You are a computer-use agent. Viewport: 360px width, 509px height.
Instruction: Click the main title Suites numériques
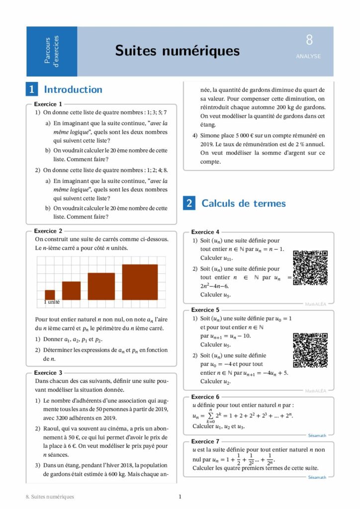point(177,51)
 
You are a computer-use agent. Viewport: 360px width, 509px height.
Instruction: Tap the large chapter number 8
point(309,40)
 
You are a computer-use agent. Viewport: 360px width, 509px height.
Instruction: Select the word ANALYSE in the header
point(308,57)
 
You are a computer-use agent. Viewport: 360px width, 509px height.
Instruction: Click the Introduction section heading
point(73,89)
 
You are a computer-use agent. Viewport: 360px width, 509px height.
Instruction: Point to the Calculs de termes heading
point(243,203)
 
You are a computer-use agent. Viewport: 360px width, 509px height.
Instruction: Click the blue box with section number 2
point(189,203)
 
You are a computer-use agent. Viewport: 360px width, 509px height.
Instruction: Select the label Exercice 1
point(48,104)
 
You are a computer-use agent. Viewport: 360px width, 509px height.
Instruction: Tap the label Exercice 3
point(48,372)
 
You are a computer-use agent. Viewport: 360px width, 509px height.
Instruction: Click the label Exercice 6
point(205,397)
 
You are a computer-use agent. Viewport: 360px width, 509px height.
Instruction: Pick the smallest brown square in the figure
point(50,294)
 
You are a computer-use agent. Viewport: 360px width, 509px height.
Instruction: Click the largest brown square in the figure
point(140,282)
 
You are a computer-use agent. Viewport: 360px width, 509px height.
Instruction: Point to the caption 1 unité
point(52,302)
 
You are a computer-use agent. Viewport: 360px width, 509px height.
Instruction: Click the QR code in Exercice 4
point(310,268)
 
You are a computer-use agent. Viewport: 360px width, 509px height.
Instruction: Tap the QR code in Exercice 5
point(310,350)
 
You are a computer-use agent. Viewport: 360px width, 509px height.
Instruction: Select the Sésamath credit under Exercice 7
point(317,477)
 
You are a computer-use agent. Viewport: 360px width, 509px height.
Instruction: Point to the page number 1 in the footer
point(180,497)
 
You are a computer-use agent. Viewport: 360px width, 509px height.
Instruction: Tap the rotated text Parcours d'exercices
point(51,51)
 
